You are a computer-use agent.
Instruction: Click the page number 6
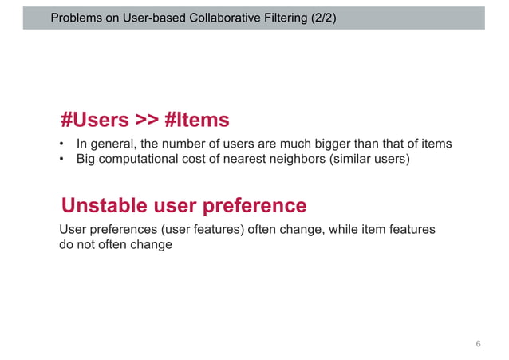478,344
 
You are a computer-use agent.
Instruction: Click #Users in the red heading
95,120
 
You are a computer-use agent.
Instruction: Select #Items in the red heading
197,120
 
